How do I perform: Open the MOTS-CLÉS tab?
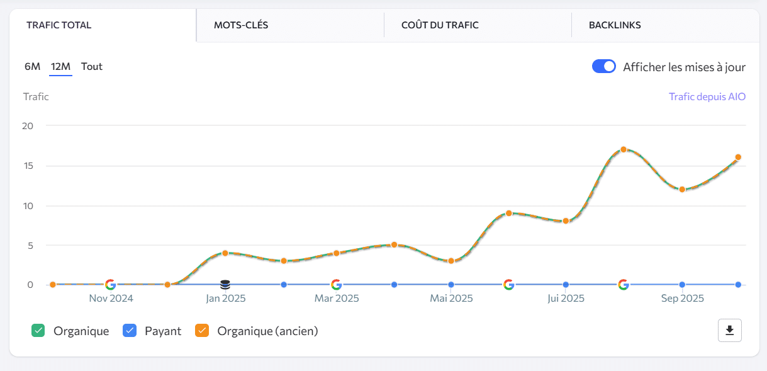(x=242, y=25)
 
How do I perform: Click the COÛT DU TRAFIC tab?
(x=440, y=25)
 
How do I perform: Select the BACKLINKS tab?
(x=615, y=25)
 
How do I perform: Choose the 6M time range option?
(x=32, y=66)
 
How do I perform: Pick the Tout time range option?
(x=92, y=66)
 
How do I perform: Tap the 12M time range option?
(x=60, y=66)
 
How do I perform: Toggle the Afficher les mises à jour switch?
(x=604, y=67)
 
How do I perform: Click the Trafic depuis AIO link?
(x=707, y=96)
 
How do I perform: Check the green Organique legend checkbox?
(x=38, y=330)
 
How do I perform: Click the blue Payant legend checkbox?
(x=130, y=330)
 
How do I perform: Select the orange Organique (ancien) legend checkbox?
(x=202, y=330)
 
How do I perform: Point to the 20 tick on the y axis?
(x=27, y=125)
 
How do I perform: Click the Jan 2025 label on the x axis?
(x=225, y=298)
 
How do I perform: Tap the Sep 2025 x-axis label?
(x=682, y=298)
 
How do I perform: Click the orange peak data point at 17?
(x=624, y=149)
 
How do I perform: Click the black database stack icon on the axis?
(x=225, y=285)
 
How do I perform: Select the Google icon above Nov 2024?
(x=110, y=285)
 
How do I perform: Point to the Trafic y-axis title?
(x=36, y=96)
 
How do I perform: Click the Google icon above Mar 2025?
(x=336, y=285)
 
